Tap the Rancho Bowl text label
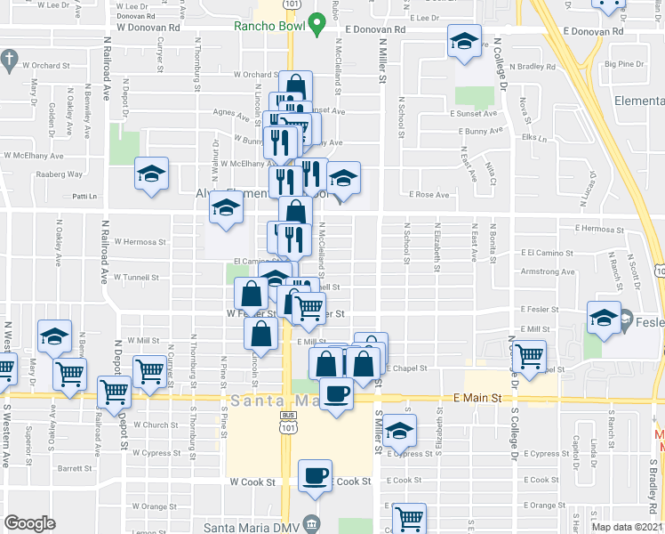pyautogui.click(x=270, y=26)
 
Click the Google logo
pyautogui.click(x=30, y=523)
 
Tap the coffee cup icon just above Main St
pyautogui.click(x=336, y=392)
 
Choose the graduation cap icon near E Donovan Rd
pyautogui.click(x=463, y=42)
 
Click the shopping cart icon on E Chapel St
pyautogui.click(x=531, y=355)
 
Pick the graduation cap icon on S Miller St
pyautogui.click(x=400, y=431)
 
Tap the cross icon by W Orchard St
pyautogui.click(x=9, y=62)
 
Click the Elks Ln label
pyautogui.click(x=533, y=137)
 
